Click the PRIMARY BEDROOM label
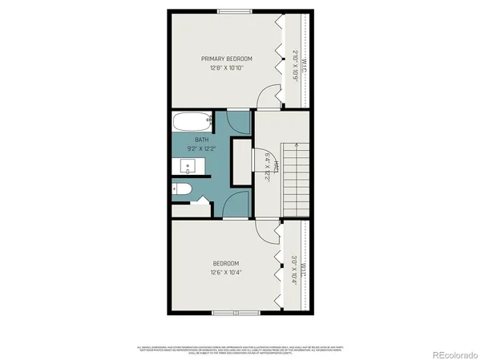coord(227,59)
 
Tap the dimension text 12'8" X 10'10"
coord(227,68)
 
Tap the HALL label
coord(276,166)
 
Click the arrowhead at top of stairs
coord(296,144)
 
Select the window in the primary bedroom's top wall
coord(234,10)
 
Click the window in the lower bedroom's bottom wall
coord(236,312)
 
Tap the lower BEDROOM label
coord(226,263)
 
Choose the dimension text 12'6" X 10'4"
coord(226,273)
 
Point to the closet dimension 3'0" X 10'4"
coord(294,271)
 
